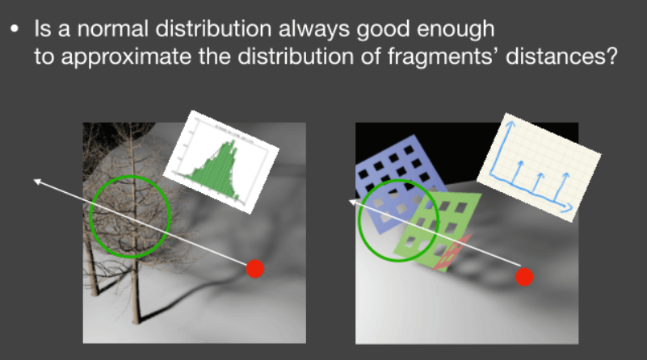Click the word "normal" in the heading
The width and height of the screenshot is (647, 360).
point(112,29)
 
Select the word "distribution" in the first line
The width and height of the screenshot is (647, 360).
point(213,29)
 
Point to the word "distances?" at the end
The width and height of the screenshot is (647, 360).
point(561,57)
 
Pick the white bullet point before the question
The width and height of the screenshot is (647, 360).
point(15,29)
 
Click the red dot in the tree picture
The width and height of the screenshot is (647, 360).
point(255,269)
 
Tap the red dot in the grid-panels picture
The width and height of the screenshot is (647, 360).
point(524,277)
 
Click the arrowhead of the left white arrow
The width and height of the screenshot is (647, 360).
point(36,181)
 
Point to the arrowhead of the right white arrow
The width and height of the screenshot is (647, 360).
point(352,202)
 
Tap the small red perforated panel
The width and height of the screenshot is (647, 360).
point(452,253)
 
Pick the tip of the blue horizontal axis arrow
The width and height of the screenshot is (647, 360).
point(573,207)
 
